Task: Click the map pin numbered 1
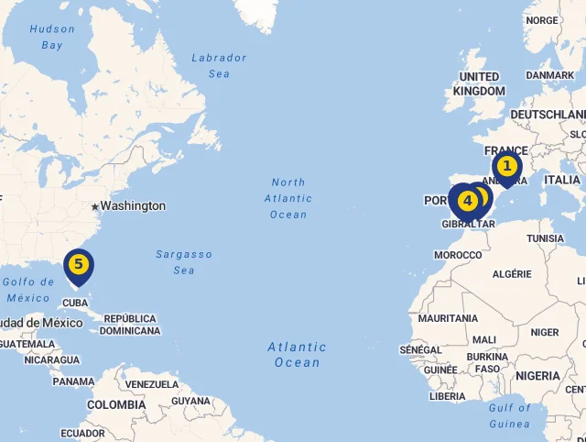click(x=506, y=167)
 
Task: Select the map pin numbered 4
click(x=467, y=200)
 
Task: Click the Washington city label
click(x=133, y=206)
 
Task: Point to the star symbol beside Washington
click(x=94, y=206)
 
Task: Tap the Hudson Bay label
click(x=52, y=37)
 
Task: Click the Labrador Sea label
click(x=219, y=65)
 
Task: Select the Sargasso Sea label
click(x=183, y=262)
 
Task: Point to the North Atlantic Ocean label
click(x=288, y=198)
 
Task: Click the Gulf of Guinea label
click(x=510, y=415)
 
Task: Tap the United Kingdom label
click(x=479, y=83)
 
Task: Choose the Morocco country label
click(x=458, y=255)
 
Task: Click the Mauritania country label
click(x=448, y=318)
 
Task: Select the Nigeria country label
click(x=537, y=376)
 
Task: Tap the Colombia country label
click(x=116, y=404)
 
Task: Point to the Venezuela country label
click(x=152, y=384)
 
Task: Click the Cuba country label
click(x=75, y=303)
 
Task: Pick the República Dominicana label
click(x=129, y=325)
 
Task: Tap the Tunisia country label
click(x=545, y=238)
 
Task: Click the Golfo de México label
click(x=28, y=290)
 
